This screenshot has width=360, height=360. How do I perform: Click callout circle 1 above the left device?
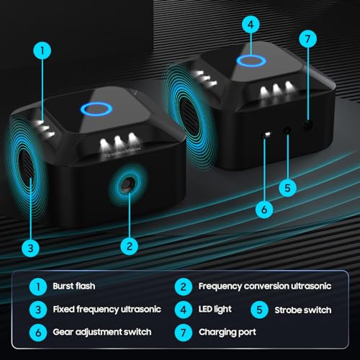[42, 51]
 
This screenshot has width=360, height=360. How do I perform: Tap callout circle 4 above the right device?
[251, 24]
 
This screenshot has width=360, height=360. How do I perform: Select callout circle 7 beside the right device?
[308, 39]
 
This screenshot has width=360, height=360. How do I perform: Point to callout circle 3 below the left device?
[31, 248]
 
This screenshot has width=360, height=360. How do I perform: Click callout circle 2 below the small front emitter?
[130, 246]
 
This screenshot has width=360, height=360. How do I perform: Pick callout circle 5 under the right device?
[287, 188]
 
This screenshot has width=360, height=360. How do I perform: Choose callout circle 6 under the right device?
[264, 210]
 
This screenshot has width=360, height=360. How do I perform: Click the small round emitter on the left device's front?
[127, 184]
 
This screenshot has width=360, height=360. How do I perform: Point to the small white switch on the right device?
[267, 135]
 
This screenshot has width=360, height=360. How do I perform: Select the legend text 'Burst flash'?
[74, 286]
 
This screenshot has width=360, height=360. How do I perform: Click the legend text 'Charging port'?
[228, 333]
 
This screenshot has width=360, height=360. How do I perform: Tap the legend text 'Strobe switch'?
[303, 310]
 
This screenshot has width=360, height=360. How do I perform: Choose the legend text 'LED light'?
[215, 310]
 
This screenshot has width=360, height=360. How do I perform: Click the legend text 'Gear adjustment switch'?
[102, 333]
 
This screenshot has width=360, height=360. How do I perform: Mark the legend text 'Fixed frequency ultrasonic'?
[107, 310]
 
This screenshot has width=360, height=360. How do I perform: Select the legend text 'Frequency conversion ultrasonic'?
[265, 287]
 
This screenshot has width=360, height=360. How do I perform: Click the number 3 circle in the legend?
[38, 310]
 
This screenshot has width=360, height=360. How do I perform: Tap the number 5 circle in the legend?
[259, 310]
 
